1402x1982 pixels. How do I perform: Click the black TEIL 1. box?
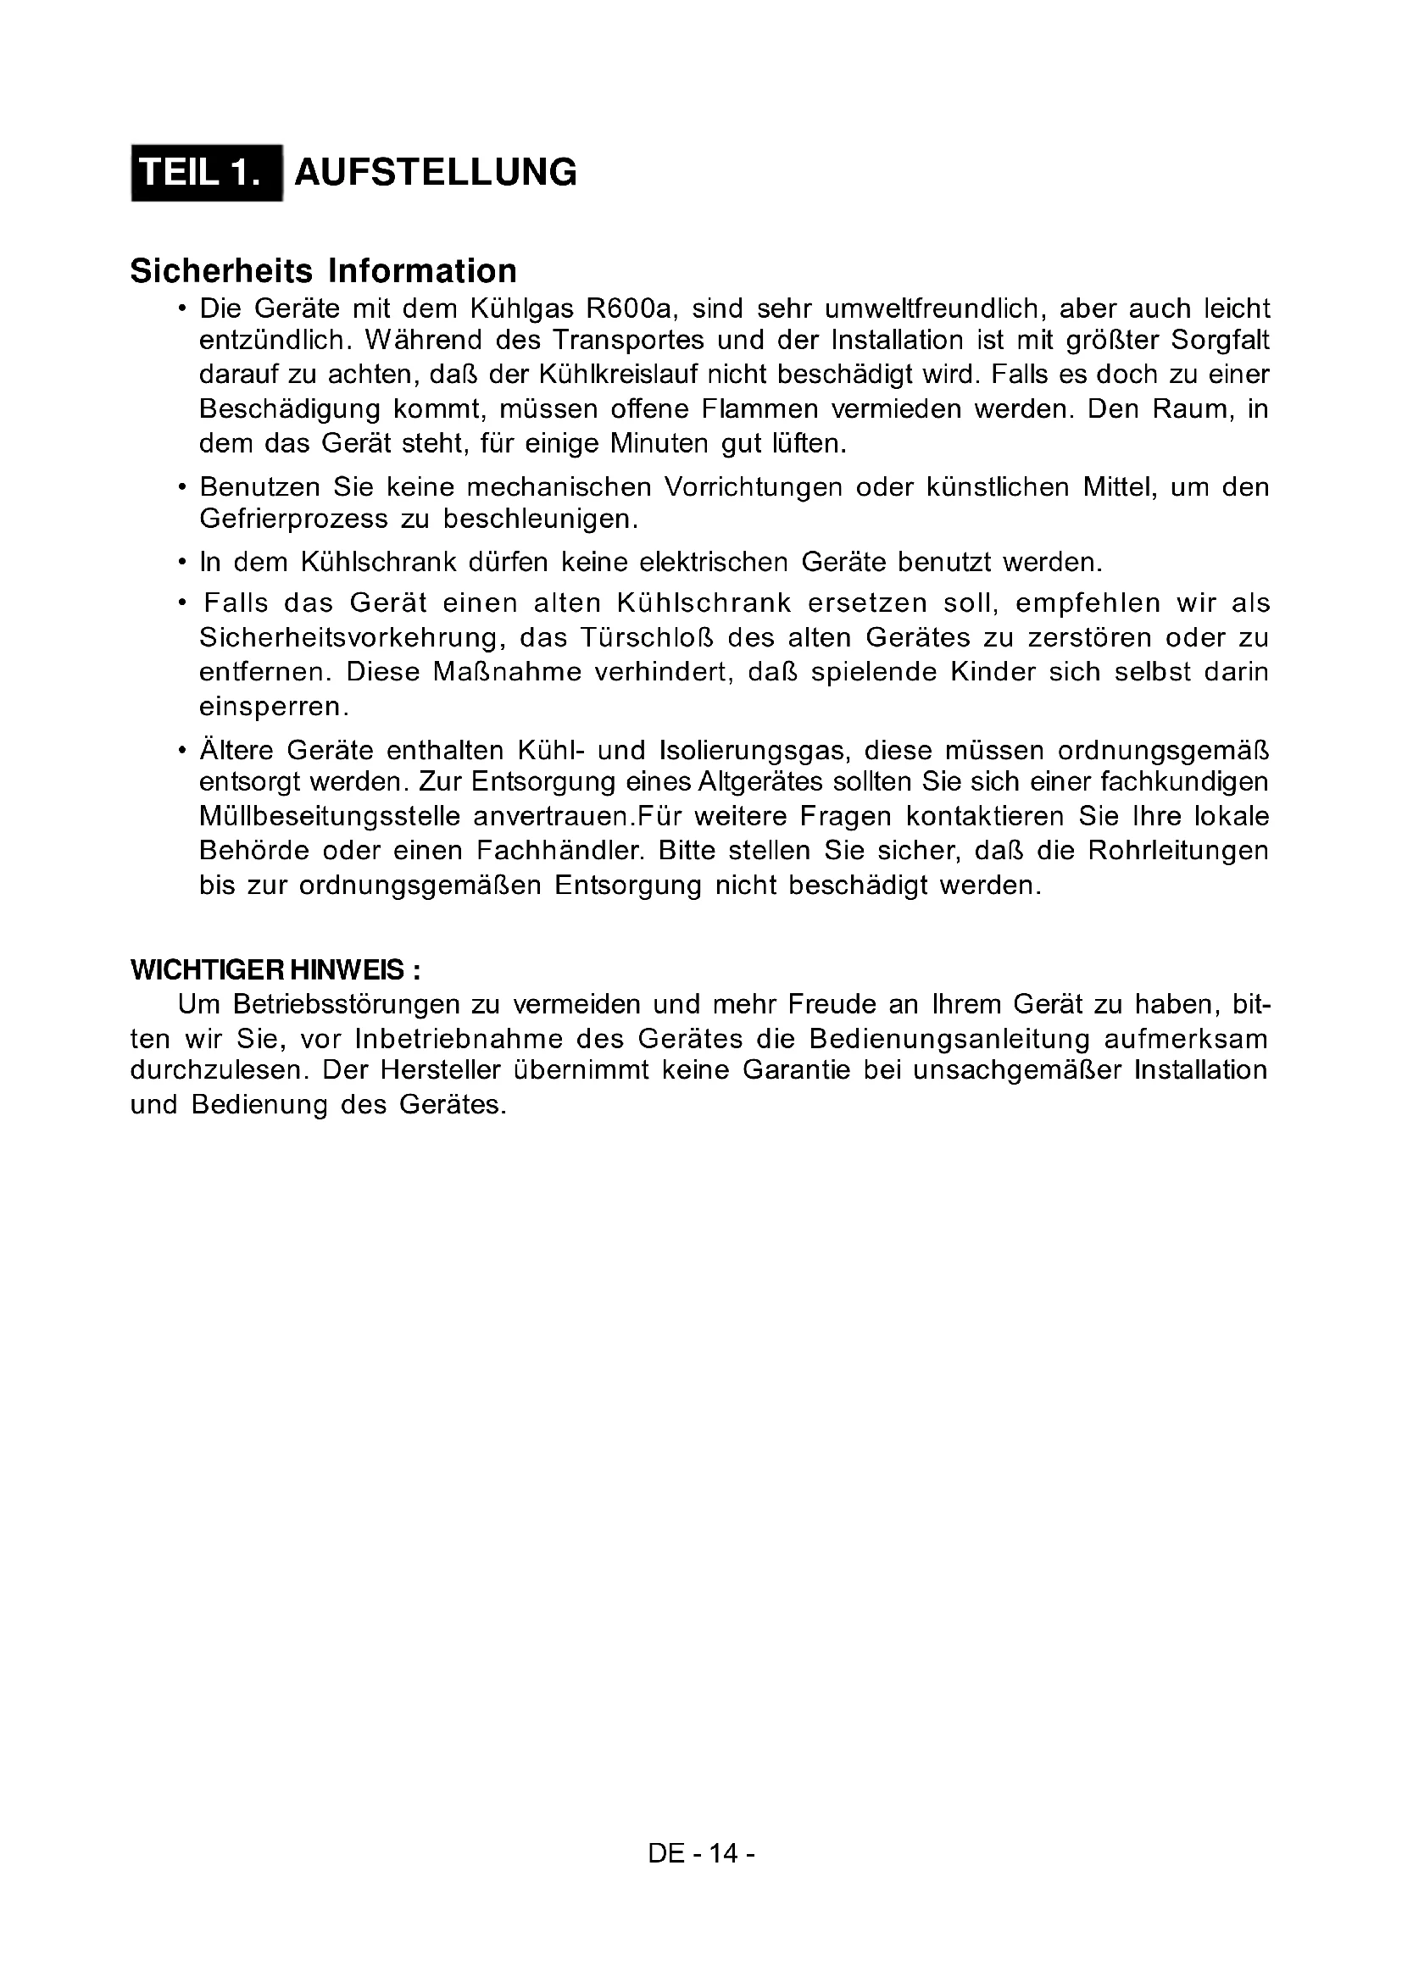(206, 173)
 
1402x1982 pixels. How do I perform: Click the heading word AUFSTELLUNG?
(435, 173)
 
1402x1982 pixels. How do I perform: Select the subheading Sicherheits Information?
(323, 271)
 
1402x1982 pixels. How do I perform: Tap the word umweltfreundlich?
(931, 308)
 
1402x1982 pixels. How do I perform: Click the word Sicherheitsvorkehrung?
(353, 638)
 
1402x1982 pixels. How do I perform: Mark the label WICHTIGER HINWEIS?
(274, 970)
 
